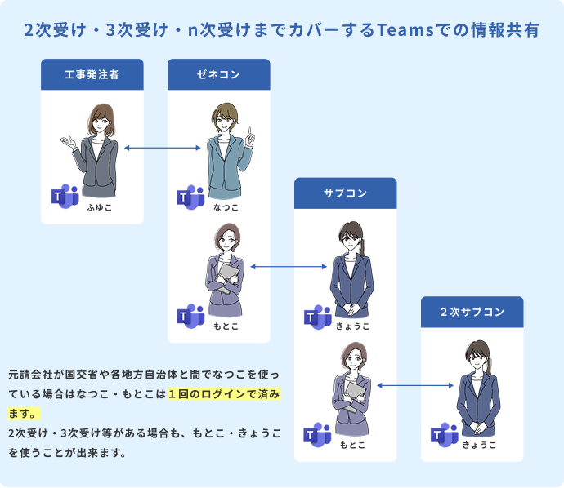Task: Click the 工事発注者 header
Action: pos(92,74)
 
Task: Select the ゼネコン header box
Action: pos(218,74)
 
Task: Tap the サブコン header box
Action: pos(345,193)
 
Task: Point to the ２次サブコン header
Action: pos(472,312)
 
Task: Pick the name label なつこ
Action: pos(226,208)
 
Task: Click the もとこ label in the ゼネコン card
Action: pos(226,326)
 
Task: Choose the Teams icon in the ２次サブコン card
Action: pos(444,434)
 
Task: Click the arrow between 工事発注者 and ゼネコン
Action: pos(163,149)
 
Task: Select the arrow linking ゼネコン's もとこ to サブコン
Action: pos(290,266)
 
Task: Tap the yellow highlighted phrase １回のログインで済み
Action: pos(224,394)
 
